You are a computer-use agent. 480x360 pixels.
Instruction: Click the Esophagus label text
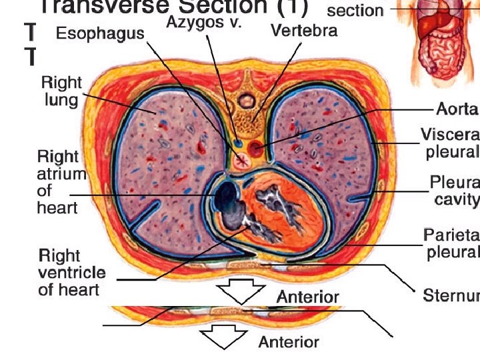[x=100, y=33]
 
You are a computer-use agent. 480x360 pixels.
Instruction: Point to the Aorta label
[x=457, y=109]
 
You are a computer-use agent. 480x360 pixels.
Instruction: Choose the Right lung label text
[x=61, y=91]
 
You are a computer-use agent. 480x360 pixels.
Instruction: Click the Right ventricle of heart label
[x=71, y=272]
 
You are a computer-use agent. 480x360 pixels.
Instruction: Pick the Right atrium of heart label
[x=61, y=182]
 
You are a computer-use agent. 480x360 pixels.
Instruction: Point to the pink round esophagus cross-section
[x=243, y=159]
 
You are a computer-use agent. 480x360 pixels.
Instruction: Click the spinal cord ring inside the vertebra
[x=247, y=101]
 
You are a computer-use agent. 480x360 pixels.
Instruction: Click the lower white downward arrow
[x=225, y=337]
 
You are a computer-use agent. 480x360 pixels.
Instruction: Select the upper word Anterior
[x=308, y=297]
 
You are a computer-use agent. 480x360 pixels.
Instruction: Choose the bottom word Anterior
[x=289, y=343]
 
